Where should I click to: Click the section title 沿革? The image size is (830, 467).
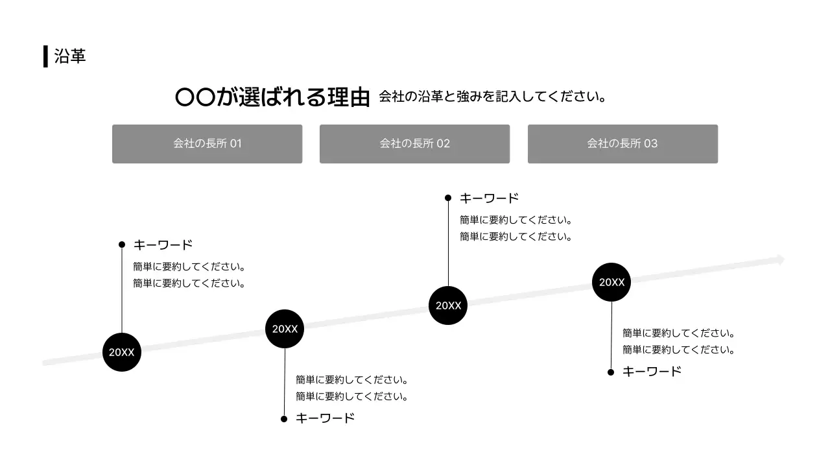pos(70,56)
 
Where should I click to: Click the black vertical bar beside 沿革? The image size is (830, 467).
pos(45,56)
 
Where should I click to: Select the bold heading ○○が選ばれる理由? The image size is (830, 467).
pos(272,97)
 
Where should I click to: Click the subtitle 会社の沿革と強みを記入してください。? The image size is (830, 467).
pos(492,97)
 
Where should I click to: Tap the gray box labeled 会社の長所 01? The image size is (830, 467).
pos(207,143)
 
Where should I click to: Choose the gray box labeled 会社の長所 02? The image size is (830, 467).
pos(414,143)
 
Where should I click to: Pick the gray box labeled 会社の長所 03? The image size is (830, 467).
pos(622,143)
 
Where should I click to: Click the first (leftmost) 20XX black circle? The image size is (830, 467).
pos(122,352)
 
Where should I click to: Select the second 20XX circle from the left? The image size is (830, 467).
pos(285,329)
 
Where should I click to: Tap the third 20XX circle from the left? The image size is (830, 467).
pos(448,305)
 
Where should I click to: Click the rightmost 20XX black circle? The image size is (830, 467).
pos(611,282)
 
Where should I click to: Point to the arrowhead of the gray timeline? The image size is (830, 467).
pos(781,260)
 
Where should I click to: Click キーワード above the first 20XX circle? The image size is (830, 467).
pos(163,245)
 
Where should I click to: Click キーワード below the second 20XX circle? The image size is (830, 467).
pos(325,418)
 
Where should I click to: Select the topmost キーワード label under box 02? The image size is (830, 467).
pos(489,198)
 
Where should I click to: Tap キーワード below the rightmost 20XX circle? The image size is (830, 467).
pos(652,372)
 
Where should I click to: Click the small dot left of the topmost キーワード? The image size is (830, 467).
pos(448,198)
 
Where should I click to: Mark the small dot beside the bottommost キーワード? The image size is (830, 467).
pos(284,419)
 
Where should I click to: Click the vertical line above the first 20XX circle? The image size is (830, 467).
pos(122,289)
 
